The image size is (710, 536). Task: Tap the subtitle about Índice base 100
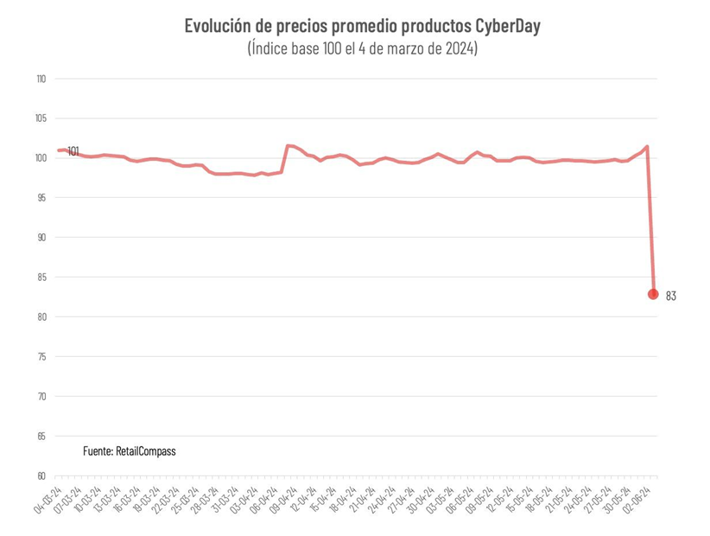(x=362, y=48)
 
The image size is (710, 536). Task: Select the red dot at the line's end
(x=653, y=295)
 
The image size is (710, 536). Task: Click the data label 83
(x=671, y=297)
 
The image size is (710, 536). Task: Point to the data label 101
(x=73, y=151)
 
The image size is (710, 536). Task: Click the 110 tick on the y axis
(x=41, y=79)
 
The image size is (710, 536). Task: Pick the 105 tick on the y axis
(x=41, y=118)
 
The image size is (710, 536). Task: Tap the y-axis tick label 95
(x=41, y=198)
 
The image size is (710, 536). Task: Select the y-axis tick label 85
(x=41, y=278)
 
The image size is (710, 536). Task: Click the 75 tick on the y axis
(x=41, y=357)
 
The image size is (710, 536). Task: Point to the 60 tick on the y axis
(x=41, y=476)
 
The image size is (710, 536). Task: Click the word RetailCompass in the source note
(x=146, y=451)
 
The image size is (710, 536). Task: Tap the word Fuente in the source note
(x=98, y=451)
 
